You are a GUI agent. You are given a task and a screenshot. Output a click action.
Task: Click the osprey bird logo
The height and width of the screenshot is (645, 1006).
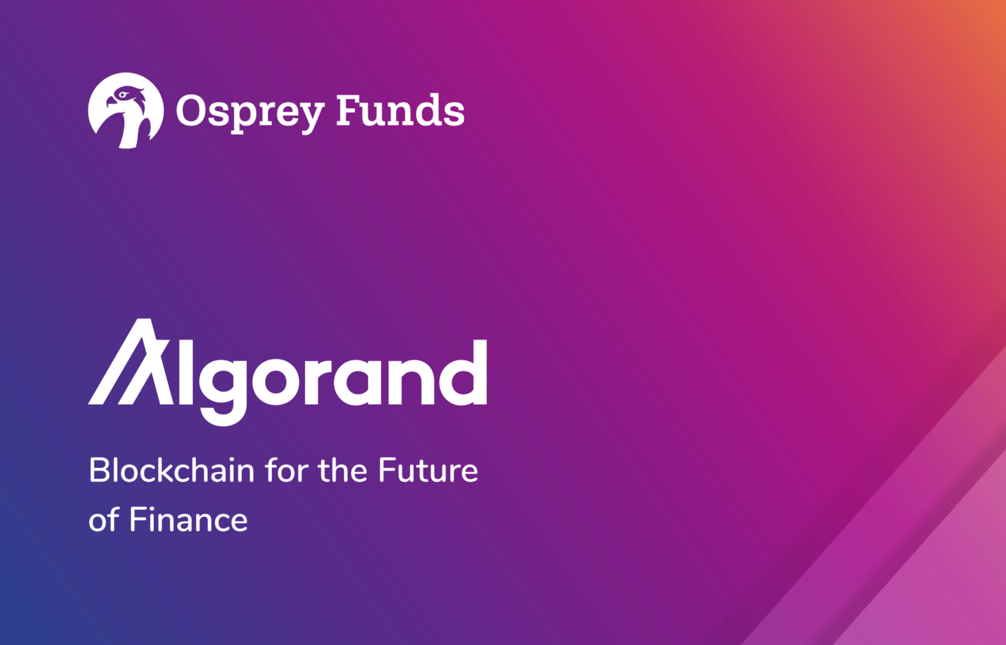tap(126, 110)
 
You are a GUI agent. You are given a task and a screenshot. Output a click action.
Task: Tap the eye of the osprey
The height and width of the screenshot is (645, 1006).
tap(122, 94)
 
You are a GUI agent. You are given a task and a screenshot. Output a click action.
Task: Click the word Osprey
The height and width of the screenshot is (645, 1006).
tap(250, 112)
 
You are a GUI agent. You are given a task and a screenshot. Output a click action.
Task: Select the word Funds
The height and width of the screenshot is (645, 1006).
tap(400, 110)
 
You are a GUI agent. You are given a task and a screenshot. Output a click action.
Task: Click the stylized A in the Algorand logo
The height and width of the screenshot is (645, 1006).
tap(130, 362)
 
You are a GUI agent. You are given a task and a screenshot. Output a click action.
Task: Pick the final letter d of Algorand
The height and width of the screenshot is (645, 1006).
tap(464, 373)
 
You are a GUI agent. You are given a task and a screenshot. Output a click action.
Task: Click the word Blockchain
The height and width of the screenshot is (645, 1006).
tap(172, 471)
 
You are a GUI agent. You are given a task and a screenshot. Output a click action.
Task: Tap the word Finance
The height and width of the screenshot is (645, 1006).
tap(189, 519)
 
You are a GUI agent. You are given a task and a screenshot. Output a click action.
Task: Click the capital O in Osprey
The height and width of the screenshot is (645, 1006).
tap(191, 110)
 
